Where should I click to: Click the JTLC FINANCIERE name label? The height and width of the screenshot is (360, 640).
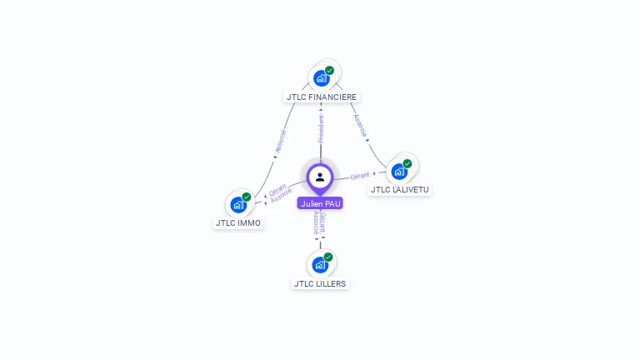pyautogui.click(x=322, y=97)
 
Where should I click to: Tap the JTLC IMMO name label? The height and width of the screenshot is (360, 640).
pyautogui.click(x=238, y=222)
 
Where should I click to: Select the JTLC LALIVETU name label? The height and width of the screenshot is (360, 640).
pyautogui.click(x=401, y=189)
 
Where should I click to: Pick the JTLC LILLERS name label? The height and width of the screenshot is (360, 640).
pyautogui.click(x=321, y=283)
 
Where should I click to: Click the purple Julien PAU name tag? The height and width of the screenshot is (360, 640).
pyautogui.click(x=320, y=203)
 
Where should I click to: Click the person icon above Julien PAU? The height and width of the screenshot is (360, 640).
pyautogui.click(x=320, y=177)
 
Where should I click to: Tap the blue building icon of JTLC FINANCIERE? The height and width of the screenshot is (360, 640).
pyautogui.click(x=321, y=78)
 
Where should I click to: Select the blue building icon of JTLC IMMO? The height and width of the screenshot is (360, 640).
pyautogui.click(x=237, y=204)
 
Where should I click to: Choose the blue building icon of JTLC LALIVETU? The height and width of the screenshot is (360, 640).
pyautogui.click(x=399, y=172)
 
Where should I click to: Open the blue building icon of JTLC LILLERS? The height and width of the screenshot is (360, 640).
pyautogui.click(x=319, y=265)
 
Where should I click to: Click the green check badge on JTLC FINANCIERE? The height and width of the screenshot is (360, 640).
pyautogui.click(x=330, y=71)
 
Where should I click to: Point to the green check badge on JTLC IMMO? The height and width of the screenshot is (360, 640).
pyautogui.click(x=247, y=197)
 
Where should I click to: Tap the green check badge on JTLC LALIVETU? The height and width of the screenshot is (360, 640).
pyautogui.click(x=407, y=164)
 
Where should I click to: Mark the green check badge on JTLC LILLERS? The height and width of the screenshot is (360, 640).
pyautogui.click(x=328, y=257)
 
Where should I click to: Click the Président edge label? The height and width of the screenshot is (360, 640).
pyautogui.click(x=322, y=128)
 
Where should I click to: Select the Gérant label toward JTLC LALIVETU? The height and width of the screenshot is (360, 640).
pyautogui.click(x=360, y=176)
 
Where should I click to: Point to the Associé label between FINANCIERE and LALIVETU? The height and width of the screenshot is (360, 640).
pyautogui.click(x=359, y=125)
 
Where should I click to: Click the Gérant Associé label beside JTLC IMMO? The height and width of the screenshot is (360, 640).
pyautogui.click(x=280, y=193)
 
